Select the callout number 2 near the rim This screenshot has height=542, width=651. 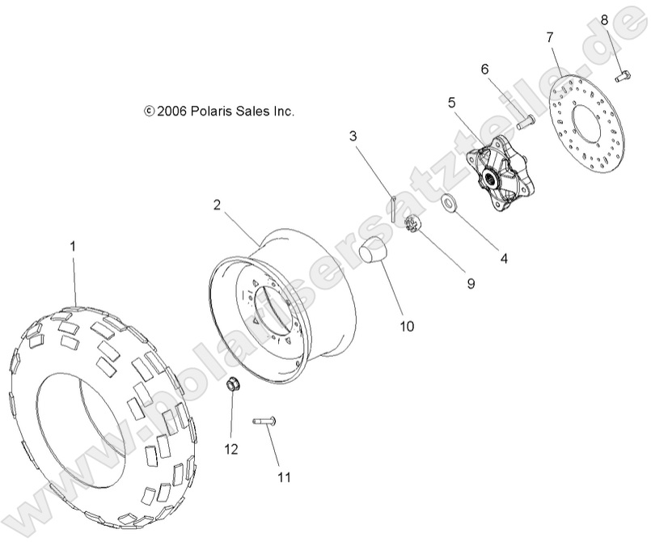tap(218, 205)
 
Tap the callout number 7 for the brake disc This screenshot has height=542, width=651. tap(550, 37)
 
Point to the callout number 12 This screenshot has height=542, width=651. tap(231, 449)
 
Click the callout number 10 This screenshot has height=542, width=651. tap(406, 326)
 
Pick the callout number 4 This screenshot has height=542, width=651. tap(503, 259)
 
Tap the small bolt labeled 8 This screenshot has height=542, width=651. tap(622, 77)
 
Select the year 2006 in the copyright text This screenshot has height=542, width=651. tap(172, 112)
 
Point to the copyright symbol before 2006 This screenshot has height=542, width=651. tap(148, 112)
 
